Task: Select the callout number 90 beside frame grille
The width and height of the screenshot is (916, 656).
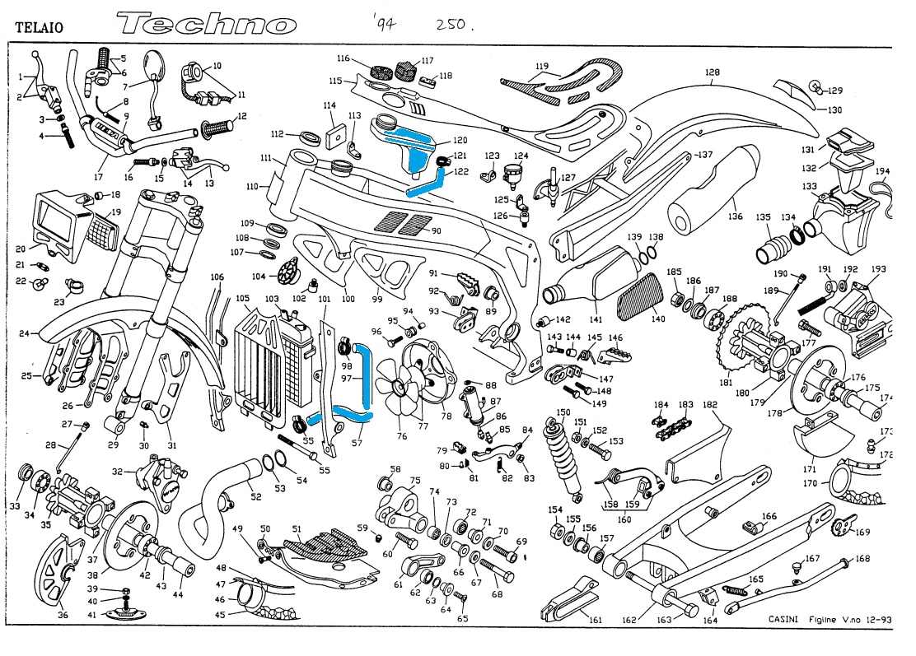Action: click(x=437, y=230)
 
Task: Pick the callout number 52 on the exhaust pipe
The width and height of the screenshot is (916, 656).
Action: click(x=256, y=496)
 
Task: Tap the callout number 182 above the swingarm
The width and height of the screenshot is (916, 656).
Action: click(x=710, y=405)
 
